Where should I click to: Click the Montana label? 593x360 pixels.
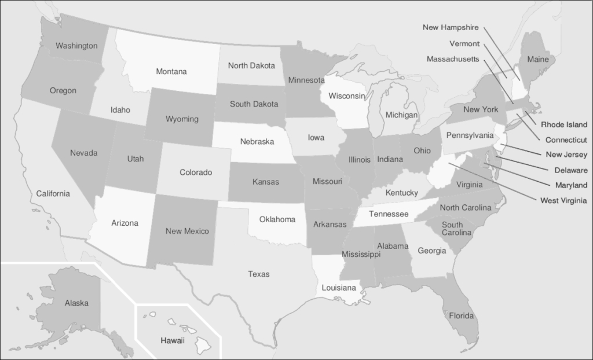(x=171, y=72)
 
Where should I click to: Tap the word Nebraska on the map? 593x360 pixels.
(x=257, y=141)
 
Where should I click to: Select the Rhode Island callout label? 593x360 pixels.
(x=564, y=124)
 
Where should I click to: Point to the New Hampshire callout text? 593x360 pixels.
(x=451, y=27)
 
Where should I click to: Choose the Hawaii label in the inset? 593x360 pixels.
(x=172, y=340)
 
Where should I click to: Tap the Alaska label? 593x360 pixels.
(x=76, y=303)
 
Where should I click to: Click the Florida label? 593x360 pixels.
(x=462, y=316)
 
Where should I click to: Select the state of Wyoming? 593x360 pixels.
(x=182, y=119)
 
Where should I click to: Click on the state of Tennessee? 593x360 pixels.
(x=389, y=215)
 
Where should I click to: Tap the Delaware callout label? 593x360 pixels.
(x=570, y=170)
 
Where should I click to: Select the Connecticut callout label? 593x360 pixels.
(x=566, y=140)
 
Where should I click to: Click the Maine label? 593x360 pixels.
(x=538, y=59)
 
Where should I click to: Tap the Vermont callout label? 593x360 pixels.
(x=464, y=43)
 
